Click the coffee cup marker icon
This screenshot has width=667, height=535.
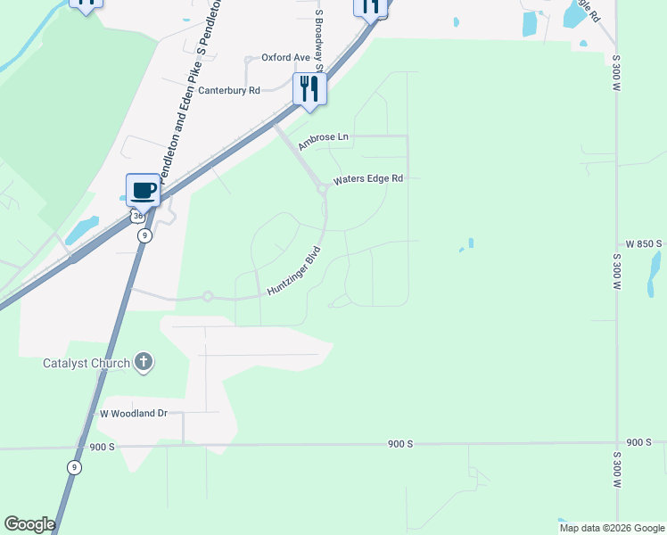(143, 189)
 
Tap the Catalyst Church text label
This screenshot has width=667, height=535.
(87, 363)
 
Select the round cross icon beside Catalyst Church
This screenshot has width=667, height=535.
(144, 362)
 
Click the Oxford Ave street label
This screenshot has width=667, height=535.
(285, 57)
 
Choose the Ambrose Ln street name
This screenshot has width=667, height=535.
(324, 138)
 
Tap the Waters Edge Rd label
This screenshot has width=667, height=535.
(368, 179)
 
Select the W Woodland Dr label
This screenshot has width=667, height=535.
(134, 413)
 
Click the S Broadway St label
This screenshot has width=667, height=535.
(317, 34)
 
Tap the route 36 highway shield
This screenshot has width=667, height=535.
(136, 217)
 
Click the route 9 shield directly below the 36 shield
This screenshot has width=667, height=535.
(144, 235)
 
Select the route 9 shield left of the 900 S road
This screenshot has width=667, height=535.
(74, 467)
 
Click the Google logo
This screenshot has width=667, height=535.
(29, 524)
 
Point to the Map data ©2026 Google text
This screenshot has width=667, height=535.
(612, 528)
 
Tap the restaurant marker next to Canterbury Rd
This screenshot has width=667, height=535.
(309, 89)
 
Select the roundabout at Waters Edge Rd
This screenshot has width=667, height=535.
(322, 188)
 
